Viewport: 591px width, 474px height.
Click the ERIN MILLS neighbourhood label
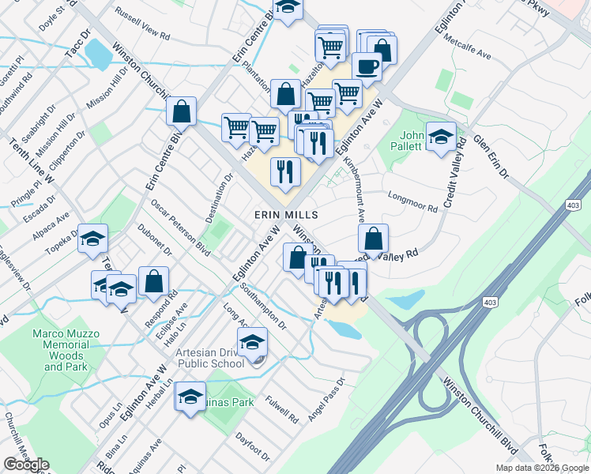(285, 215)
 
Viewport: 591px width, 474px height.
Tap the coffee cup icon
(367, 68)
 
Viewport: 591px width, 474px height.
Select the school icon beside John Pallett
(441, 137)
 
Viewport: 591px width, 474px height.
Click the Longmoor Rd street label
(411, 201)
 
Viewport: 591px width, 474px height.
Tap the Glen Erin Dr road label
(491, 154)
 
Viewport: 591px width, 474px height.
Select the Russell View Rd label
(143, 24)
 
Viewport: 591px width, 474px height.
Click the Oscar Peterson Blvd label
(181, 228)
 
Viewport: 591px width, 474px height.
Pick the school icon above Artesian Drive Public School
(252, 342)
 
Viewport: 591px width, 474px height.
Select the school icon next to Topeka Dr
(92, 240)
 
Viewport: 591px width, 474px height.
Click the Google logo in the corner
(25, 465)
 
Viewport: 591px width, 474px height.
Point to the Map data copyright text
(542, 468)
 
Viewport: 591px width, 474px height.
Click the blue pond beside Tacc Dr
(98, 53)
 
